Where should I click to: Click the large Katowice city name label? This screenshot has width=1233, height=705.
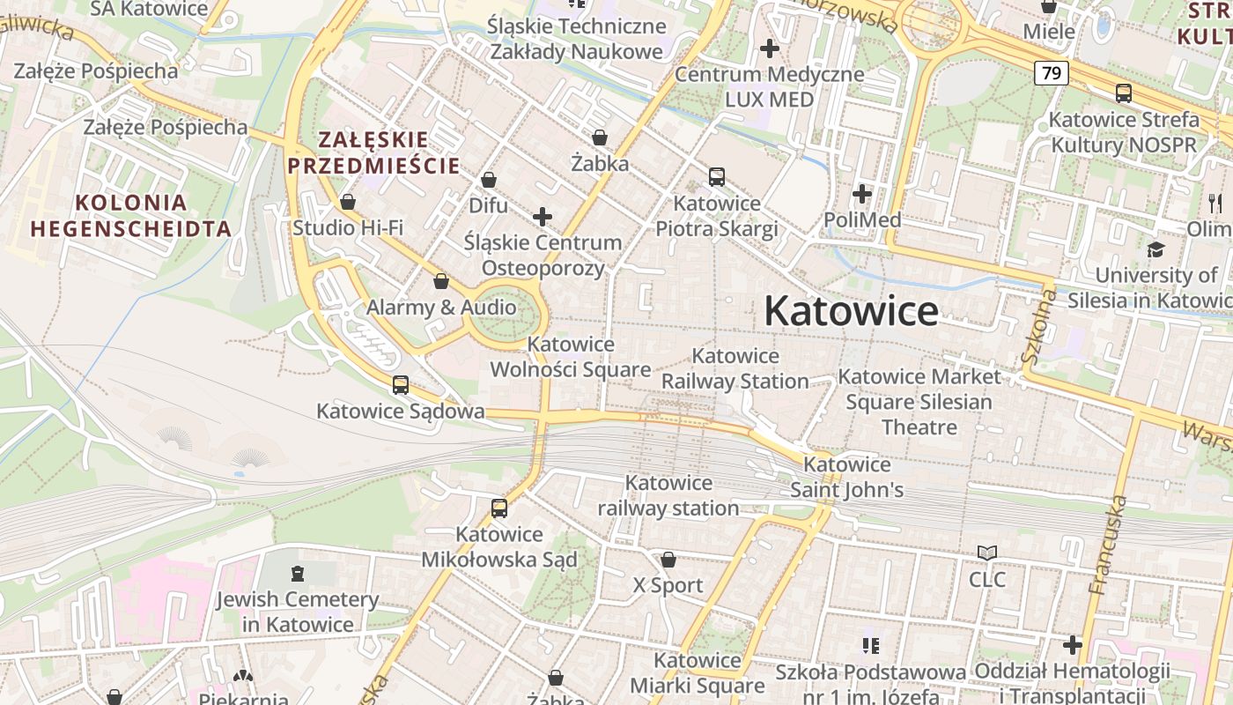[851, 311]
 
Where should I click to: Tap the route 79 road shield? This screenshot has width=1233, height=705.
[1052, 73]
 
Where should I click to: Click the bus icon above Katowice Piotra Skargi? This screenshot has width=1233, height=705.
[717, 177]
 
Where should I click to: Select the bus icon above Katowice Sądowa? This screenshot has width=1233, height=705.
[401, 385]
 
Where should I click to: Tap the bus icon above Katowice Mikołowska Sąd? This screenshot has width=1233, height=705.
[499, 508]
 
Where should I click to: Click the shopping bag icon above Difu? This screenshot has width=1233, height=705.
[489, 181]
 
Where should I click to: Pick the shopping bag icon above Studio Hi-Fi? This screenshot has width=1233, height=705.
[348, 203]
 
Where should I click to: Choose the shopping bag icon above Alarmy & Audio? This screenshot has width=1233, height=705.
[441, 282]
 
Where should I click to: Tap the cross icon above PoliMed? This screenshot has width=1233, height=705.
[862, 194]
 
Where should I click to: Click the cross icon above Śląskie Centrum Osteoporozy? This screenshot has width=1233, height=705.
[543, 217]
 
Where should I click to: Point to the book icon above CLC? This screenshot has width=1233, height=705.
[987, 553]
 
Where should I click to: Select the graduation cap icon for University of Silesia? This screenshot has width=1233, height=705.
[1155, 250]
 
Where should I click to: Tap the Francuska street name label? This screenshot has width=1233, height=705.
[1109, 545]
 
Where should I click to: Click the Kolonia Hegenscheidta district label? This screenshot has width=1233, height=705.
[131, 216]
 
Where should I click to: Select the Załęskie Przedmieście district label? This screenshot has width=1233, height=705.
[373, 152]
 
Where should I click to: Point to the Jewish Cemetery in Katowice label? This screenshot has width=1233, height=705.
[298, 612]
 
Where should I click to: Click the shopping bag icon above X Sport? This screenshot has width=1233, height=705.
[668, 560]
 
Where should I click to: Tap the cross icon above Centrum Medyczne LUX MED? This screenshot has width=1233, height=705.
[770, 48]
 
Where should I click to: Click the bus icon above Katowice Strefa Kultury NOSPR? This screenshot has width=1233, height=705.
[1124, 93]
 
